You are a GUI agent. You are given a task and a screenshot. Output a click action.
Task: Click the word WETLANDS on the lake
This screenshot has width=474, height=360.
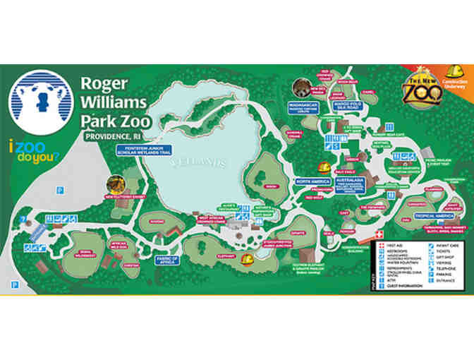click(200, 162)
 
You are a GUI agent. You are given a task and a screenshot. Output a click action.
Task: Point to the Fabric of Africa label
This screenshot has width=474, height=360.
click(166, 259)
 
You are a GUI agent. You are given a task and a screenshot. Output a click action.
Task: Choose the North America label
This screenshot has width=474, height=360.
click(312, 181)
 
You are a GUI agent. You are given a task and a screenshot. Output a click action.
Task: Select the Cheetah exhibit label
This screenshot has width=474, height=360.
click(128, 265)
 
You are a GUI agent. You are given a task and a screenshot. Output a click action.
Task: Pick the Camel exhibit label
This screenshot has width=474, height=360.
click(367, 92)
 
